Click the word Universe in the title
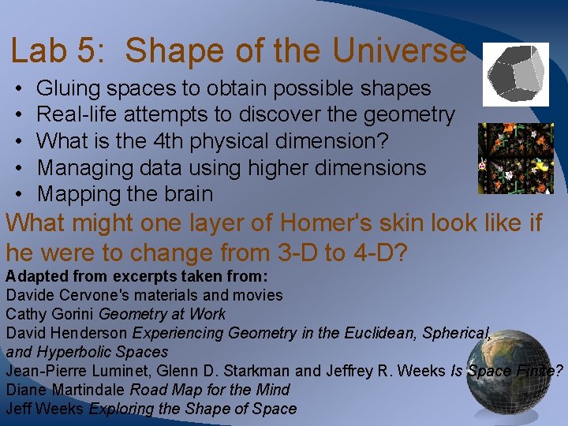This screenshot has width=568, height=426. (399, 51)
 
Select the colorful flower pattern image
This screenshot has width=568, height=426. (516, 159)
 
